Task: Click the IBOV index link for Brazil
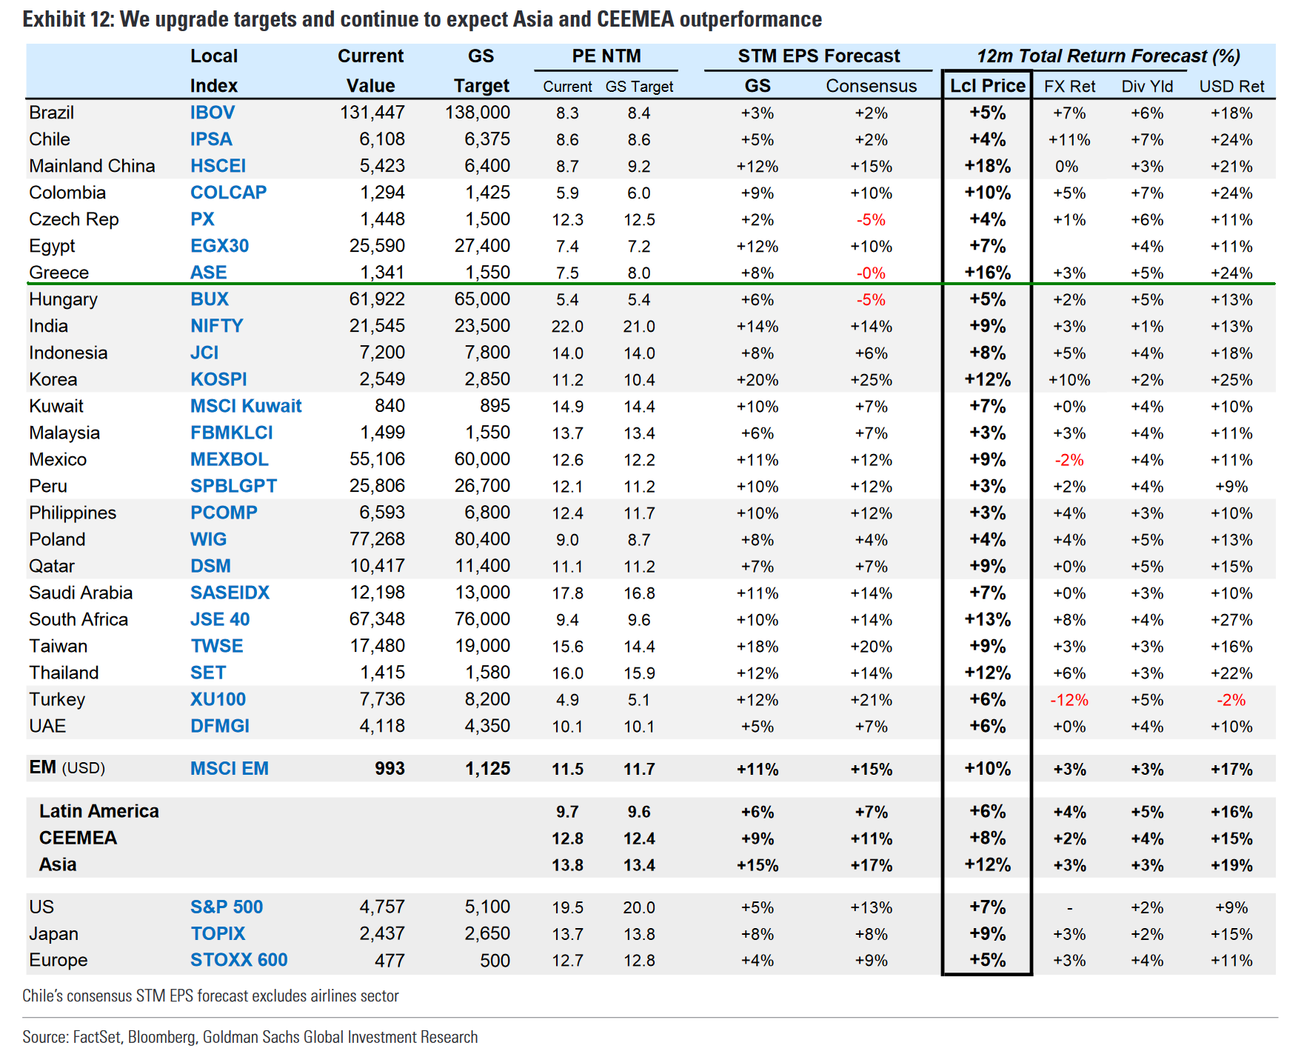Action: (213, 113)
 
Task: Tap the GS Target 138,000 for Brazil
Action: (478, 113)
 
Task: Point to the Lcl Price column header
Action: (987, 86)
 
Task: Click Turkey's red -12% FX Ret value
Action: (1069, 700)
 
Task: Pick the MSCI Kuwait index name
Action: (246, 406)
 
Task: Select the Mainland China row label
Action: (93, 166)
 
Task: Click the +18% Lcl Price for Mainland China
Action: (987, 166)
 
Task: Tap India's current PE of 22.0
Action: (567, 327)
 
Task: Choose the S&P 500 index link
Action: (227, 907)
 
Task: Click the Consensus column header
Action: (871, 86)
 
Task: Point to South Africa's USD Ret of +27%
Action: (1231, 620)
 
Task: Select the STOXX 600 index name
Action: (238, 961)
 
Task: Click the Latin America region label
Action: (99, 812)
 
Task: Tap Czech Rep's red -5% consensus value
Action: (871, 220)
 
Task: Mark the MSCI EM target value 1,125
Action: (488, 769)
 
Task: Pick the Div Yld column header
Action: (1147, 87)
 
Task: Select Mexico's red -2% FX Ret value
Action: (1069, 460)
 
